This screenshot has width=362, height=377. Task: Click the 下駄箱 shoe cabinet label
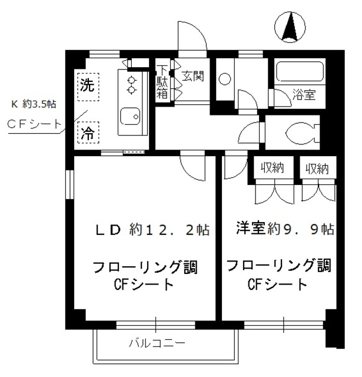(x=162, y=82)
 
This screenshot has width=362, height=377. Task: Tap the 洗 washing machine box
(x=87, y=85)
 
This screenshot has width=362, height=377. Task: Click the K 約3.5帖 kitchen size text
(x=34, y=104)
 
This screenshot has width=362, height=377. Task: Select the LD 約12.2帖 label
(x=153, y=230)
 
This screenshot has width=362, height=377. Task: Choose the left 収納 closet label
(x=273, y=168)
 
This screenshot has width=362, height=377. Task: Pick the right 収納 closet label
(x=317, y=168)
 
